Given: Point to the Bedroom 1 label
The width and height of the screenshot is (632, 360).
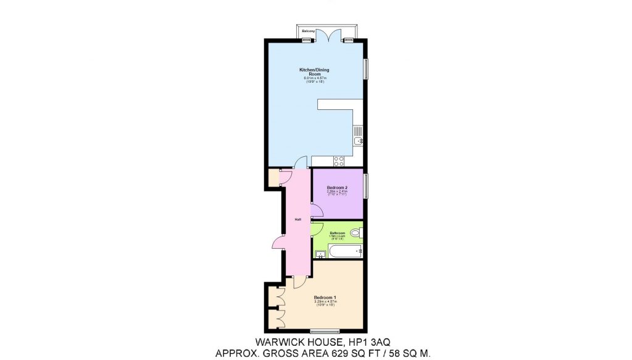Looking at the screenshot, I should coord(325,298).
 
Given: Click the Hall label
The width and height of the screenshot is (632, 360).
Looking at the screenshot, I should coord(297,220).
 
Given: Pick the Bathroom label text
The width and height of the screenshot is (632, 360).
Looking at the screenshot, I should coord(337,233).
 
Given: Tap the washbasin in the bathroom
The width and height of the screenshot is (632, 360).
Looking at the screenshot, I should coord(320,254).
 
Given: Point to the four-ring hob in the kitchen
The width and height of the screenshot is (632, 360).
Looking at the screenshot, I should coord(339,161).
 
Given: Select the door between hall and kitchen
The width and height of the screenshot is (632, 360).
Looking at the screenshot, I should coord(301,164).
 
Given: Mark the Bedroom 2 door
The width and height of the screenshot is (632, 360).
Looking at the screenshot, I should coord(315,212).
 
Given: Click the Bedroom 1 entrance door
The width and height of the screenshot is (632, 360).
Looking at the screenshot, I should coord(298,281).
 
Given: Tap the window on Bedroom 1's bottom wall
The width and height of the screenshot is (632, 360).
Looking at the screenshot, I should coord(325,330).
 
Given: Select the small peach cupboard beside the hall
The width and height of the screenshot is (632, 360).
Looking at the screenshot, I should coord(274,178).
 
